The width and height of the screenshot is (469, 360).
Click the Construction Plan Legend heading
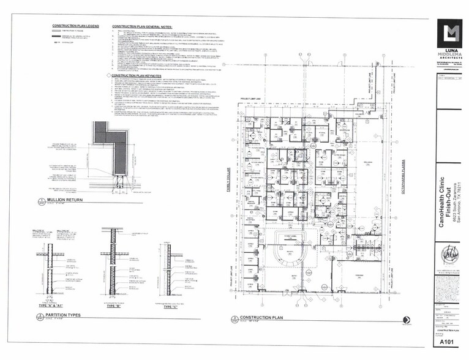75,26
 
